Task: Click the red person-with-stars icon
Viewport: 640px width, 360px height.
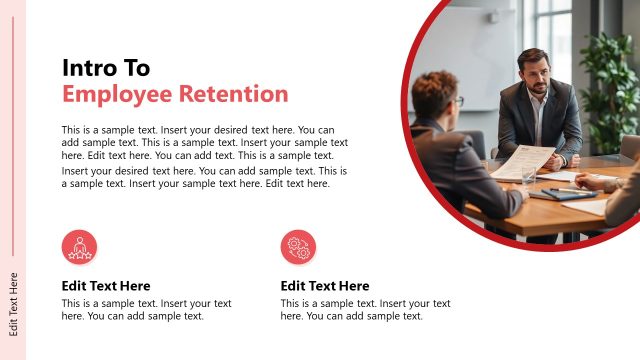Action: [x=79, y=247]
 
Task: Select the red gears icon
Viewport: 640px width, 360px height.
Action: [x=298, y=247]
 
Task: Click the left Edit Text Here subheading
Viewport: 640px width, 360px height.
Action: [x=106, y=286]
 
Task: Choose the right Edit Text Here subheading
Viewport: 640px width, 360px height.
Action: [x=325, y=286]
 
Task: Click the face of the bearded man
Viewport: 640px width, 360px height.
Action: [x=537, y=77]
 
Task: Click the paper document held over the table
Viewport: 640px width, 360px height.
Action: [x=522, y=160]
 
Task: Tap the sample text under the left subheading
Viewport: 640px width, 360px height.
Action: [x=146, y=310]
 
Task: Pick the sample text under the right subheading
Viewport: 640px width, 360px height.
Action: [x=365, y=310]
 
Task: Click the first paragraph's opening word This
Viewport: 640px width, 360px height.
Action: [x=72, y=130]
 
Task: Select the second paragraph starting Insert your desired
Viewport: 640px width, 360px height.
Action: [x=204, y=177]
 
